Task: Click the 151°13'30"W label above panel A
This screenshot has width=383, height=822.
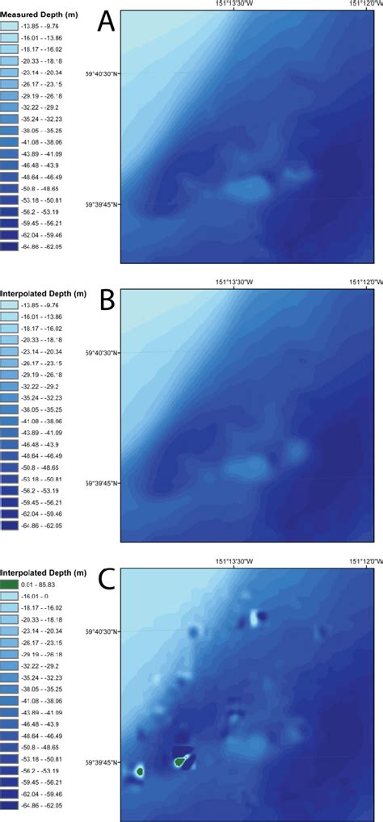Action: coord(234,5)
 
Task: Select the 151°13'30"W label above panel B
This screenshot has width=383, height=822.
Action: coord(234,282)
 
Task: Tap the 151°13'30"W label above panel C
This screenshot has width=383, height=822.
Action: coord(234,561)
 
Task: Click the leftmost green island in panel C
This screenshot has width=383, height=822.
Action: coord(140,771)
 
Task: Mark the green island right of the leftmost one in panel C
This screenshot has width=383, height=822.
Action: coord(181,760)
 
